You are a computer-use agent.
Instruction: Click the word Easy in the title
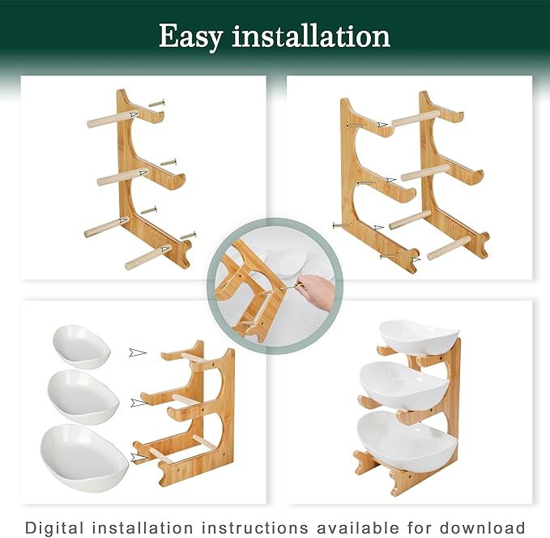(191, 37)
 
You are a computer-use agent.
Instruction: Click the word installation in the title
(311, 36)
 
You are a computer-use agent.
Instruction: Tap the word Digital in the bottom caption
(55, 527)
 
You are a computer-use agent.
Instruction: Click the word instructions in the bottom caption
(255, 527)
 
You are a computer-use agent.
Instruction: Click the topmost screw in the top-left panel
(156, 103)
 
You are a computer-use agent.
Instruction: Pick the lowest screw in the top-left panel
(188, 235)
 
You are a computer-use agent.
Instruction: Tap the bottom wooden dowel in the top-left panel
(148, 257)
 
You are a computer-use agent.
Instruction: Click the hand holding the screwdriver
(316, 291)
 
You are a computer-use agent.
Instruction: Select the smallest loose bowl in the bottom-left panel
(82, 347)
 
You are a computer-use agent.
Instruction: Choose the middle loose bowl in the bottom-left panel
(83, 396)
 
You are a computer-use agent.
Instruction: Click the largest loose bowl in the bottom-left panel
(84, 457)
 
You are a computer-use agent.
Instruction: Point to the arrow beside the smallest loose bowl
(138, 352)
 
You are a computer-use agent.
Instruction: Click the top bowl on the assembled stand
(419, 337)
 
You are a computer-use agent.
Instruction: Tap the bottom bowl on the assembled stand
(407, 441)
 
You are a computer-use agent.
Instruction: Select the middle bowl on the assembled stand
(404, 386)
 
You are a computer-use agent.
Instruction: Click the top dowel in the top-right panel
(416, 117)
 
